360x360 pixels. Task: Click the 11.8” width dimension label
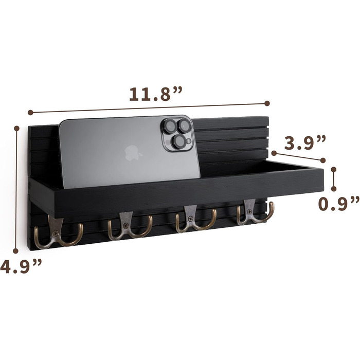155,94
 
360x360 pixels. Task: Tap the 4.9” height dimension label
21,266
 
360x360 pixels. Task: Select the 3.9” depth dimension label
305,142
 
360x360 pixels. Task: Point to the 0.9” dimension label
339,204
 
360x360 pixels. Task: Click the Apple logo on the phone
133,153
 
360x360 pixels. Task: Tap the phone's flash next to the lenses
189,141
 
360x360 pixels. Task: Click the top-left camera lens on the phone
170,126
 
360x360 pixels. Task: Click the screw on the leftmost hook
56,234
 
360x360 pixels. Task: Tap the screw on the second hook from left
125,226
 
